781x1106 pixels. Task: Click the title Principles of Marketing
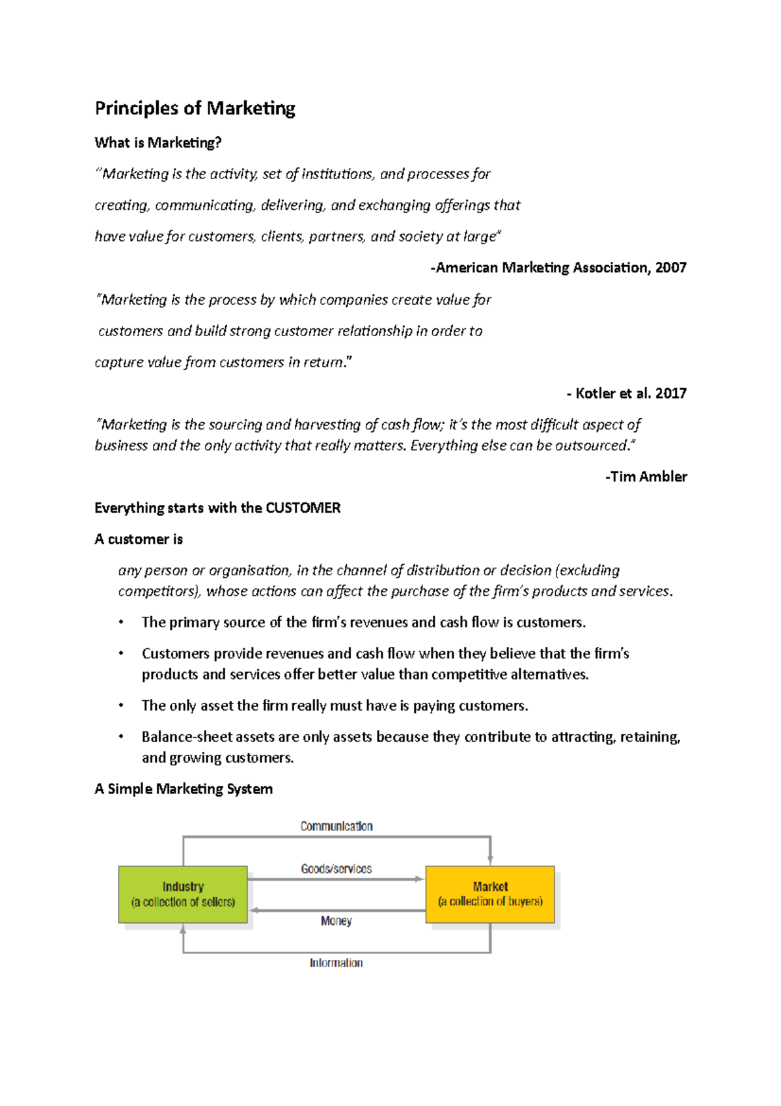coord(195,108)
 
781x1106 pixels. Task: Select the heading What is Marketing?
coord(158,143)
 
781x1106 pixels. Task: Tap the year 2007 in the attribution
coord(670,268)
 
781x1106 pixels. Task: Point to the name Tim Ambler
coord(648,477)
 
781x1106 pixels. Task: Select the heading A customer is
coord(138,539)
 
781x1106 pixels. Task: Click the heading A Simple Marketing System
coord(183,789)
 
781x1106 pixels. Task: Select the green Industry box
coord(183,894)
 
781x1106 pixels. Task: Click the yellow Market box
coord(490,894)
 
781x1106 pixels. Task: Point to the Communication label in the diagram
coord(336,827)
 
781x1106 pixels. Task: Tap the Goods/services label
coord(336,869)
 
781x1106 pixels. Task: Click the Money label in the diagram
coord(336,921)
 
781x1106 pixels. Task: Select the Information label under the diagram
coord(336,963)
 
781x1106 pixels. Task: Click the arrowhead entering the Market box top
coord(490,860)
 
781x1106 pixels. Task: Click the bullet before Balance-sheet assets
coord(121,737)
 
